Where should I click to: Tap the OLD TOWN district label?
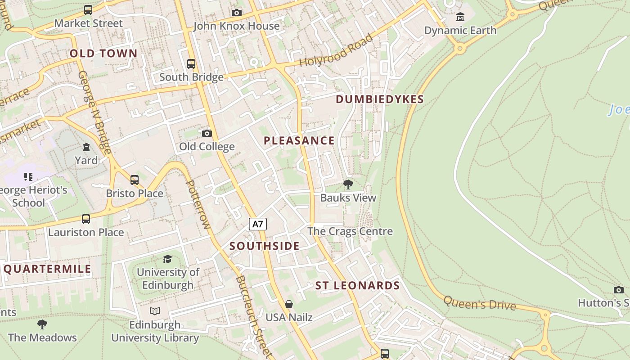pyautogui.click(x=103, y=54)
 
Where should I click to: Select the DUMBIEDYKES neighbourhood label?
pyautogui.click(x=380, y=99)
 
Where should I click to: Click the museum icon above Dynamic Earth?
pyautogui.click(x=460, y=17)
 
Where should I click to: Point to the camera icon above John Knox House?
pyautogui.click(x=236, y=13)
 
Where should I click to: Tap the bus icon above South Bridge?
pyautogui.click(x=191, y=64)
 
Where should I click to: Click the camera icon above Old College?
pyautogui.click(x=207, y=133)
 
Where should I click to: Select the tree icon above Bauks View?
pyautogui.click(x=348, y=184)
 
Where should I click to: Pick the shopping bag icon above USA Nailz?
pyautogui.click(x=289, y=304)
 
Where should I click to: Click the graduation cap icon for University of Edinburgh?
pyautogui.click(x=168, y=259)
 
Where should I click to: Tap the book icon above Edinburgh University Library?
pyautogui.click(x=155, y=311)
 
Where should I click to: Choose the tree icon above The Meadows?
pyautogui.click(x=42, y=324)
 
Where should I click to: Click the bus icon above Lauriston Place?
pyautogui.click(x=86, y=219)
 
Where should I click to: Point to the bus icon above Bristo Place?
pyautogui.click(x=135, y=180)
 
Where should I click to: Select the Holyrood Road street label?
pyautogui.click(x=337, y=50)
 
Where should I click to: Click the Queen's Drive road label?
pyautogui.click(x=480, y=304)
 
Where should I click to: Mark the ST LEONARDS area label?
pyautogui.click(x=357, y=286)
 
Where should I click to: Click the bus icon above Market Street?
pyautogui.click(x=88, y=10)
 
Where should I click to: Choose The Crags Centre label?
pyautogui.click(x=350, y=231)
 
